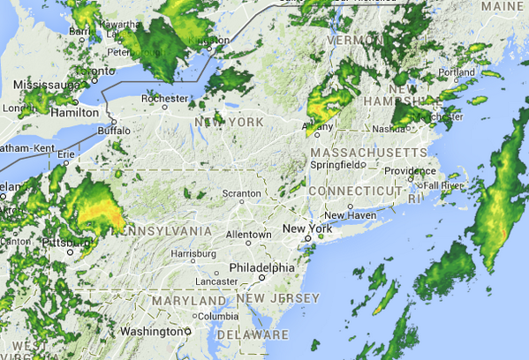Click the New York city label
[x=306, y=229]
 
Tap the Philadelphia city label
[x=261, y=267]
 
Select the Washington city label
[x=151, y=332]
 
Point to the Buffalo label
[x=114, y=130]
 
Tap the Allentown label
[x=248, y=236]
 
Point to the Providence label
[x=410, y=171]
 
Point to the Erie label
[x=66, y=154]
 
